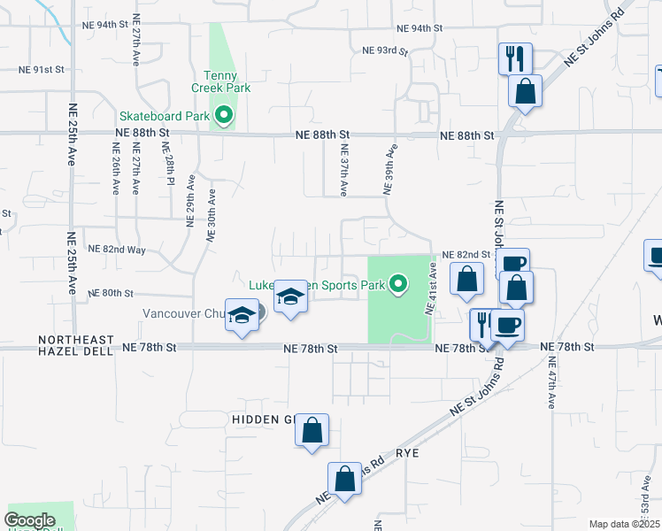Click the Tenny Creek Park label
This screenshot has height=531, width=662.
pos(220,81)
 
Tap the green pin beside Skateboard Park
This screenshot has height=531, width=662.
pos(225,115)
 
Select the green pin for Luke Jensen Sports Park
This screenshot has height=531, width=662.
pos(399,284)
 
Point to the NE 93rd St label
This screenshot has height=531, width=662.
pos(385,51)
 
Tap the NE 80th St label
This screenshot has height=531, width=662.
pos(111,293)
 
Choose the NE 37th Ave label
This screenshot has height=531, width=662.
pos(343,171)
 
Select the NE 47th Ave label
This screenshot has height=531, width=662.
pos(551,382)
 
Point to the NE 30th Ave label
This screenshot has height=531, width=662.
pos(212,215)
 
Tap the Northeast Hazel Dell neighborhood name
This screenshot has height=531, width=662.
pos(75,345)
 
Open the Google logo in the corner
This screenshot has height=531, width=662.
pos(29,520)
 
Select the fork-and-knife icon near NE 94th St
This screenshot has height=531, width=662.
pos(515,59)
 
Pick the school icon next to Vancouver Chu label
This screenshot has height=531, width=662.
pos(241,316)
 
